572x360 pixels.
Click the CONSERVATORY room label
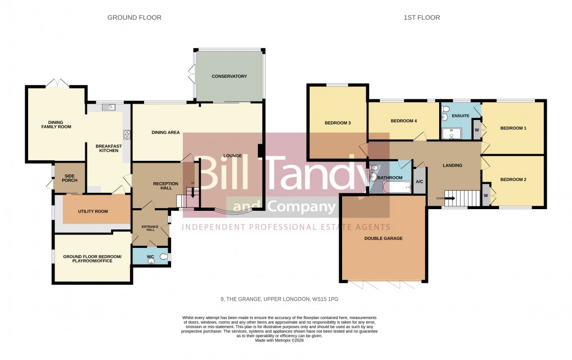coord(229,76)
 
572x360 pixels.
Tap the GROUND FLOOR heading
coord(135,18)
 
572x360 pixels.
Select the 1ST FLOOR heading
coord(422,18)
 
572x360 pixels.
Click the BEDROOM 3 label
coord(338,123)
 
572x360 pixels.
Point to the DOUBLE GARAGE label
coord(384,238)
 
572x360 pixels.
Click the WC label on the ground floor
coord(150,257)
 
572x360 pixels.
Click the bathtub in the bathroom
coord(398,186)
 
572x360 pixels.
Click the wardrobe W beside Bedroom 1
coord(477,129)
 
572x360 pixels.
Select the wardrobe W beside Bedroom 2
coord(486,196)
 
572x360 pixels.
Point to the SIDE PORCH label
coord(70,178)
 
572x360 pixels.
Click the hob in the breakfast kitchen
coord(126,135)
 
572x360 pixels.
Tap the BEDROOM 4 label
coord(404,121)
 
